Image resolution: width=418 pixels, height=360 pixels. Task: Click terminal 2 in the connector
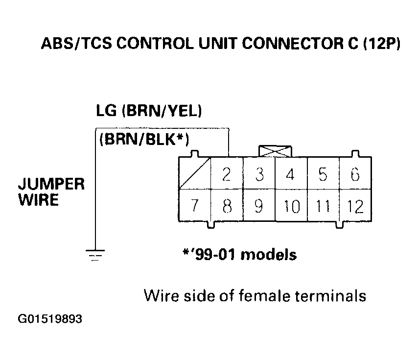(x=227, y=174)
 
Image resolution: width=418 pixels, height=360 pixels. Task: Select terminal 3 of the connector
(x=260, y=174)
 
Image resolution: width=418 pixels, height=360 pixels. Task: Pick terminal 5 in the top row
(x=323, y=174)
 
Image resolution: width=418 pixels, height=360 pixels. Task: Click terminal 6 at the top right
(x=355, y=174)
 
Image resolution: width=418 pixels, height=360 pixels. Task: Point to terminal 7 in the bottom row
(x=194, y=206)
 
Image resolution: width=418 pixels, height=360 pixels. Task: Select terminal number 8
(x=227, y=206)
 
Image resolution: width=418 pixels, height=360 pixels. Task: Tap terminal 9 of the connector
(x=259, y=206)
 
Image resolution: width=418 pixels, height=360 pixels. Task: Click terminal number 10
(x=291, y=206)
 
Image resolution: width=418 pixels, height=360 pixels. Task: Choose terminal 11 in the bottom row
(x=323, y=206)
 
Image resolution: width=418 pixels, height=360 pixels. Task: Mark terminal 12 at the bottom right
(x=355, y=206)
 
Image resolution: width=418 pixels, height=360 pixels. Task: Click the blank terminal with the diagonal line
(x=195, y=174)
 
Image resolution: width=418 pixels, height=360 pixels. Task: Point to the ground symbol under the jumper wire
(x=95, y=255)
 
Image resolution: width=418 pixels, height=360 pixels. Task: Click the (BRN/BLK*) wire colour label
(x=144, y=140)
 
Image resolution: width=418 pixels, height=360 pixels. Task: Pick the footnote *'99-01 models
(x=238, y=255)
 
